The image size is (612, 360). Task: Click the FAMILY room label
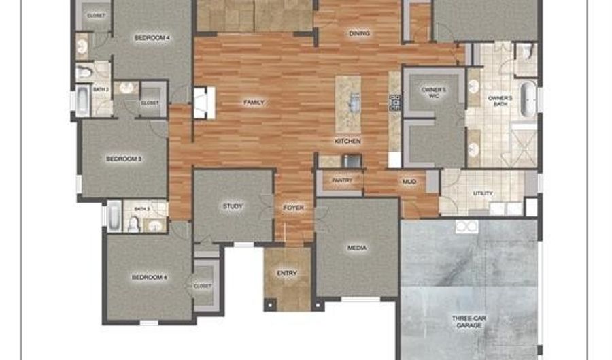(254, 103)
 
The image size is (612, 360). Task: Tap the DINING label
(359, 33)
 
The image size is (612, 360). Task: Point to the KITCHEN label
(347, 142)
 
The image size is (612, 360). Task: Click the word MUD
(409, 182)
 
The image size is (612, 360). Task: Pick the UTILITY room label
(483, 194)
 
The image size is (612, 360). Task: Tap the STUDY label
(233, 206)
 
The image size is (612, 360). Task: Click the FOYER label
(294, 208)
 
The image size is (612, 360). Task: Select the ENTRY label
(287, 274)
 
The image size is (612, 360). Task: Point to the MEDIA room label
(357, 248)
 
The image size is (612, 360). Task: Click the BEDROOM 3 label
(124, 159)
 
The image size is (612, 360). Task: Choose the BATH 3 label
(141, 209)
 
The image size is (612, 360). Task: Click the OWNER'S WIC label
(433, 93)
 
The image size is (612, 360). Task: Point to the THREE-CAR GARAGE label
(470, 322)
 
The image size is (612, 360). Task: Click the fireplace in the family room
(203, 103)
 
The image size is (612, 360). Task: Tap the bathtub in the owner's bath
(528, 99)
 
